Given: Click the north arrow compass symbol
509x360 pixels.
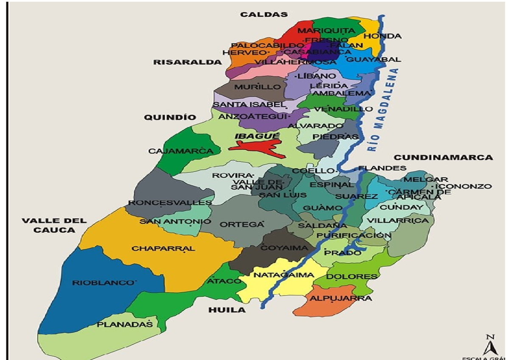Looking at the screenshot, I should tap(491, 345).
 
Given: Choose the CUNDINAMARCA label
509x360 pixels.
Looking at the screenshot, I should tap(444, 157).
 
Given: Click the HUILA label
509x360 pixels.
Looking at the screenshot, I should tap(227, 310).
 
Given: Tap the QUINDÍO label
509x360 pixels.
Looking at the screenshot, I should tap(165, 117).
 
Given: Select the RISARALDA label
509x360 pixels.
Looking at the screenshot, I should tap(187, 62).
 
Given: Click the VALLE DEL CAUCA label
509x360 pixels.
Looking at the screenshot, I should tap(54, 226).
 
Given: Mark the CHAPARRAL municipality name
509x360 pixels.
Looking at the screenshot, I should tap(163, 248).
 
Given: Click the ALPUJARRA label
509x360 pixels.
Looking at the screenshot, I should tap(341, 299).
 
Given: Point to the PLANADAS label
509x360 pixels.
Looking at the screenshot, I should tap(124, 325).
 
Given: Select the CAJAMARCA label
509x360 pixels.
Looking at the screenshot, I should tap(180, 151).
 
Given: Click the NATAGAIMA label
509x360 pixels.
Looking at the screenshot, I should tap(284, 275).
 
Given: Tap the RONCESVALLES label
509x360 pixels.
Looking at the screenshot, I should tap(170, 203).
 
